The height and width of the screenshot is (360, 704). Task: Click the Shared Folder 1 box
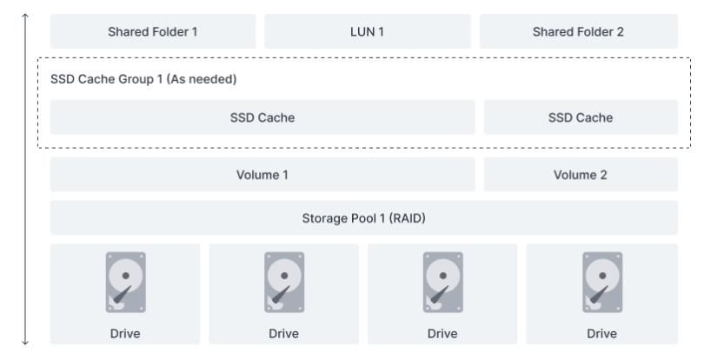pyautogui.click(x=153, y=31)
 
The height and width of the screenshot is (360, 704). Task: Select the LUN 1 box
pyautogui.click(x=367, y=31)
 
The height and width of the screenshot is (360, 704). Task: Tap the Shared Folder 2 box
pyautogui.click(x=578, y=31)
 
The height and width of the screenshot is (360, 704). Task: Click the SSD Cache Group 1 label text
pyautogui.click(x=144, y=79)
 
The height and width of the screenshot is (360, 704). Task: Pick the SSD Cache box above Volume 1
pyautogui.click(x=262, y=117)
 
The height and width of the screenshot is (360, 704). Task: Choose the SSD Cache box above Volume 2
pyautogui.click(x=580, y=117)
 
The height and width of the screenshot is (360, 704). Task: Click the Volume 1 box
pyautogui.click(x=262, y=174)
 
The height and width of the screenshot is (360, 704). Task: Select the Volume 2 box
pyautogui.click(x=580, y=174)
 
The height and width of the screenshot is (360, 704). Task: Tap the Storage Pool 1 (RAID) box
pyautogui.click(x=363, y=217)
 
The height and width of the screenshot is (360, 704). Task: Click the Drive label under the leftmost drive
pyautogui.click(x=125, y=332)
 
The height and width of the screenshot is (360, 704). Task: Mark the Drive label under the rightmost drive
pyautogui.click(x=601, y=332)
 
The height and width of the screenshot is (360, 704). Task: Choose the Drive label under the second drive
pyautogui.click(x=283, y=332)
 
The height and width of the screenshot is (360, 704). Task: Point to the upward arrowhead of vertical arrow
pyautogui.click(x=26, y=16)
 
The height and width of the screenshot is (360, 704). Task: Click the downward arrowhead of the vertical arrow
pyautogui.click(x=26, y=344)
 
